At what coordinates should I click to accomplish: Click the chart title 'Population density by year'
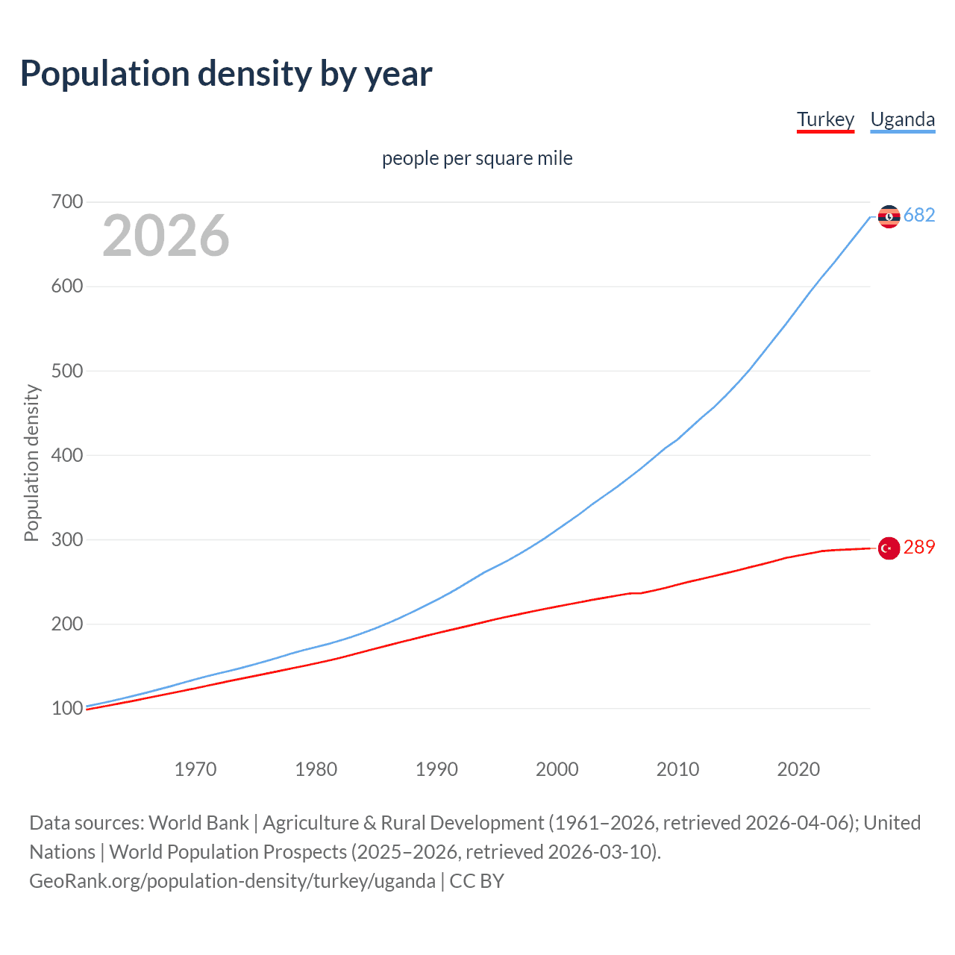(x=226, y=74)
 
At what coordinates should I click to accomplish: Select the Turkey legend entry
(x=825, y=119)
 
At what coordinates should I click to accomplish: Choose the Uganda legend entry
(x=902, y=119)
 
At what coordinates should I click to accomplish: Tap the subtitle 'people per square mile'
(x=477, y=158)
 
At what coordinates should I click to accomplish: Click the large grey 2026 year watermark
(x=166, y=236)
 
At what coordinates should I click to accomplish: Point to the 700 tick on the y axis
(x=67, y=202)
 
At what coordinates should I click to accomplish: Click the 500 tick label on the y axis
(x=67, y=371)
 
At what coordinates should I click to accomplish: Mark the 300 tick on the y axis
(x=67, y=539)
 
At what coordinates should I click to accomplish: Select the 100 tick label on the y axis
(x=67, y=708)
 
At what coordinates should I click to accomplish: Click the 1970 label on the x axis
(x=195, y=769)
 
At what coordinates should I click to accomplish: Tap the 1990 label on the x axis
(x=436, y=769)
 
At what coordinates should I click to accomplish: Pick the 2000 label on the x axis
(x=557, y=769)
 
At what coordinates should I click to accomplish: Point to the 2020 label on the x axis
(x=798, y=769)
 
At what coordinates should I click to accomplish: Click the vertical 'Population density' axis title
(x=31, y=463)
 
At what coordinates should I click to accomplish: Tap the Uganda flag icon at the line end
(x=889, y=216)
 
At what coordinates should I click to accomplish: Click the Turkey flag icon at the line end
(x=889, y=548)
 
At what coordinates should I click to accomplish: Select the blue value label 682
(x=919, y=216)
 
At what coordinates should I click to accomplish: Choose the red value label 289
(x=919, y=548)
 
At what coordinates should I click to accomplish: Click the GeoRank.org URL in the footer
(x=232, y=881)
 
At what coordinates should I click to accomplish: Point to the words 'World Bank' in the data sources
(x=198, y=823)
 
